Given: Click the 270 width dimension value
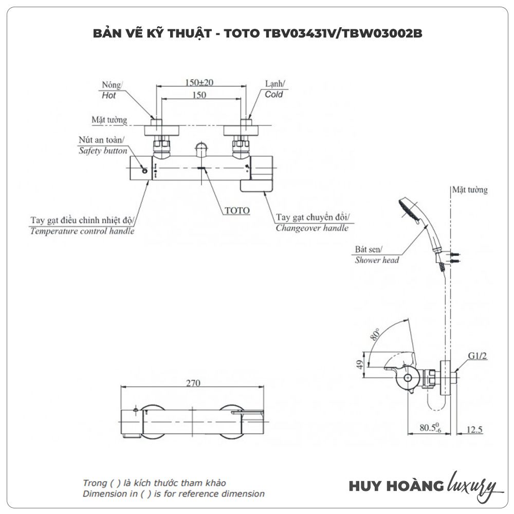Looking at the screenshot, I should pyautogui.click(x=193, y=383).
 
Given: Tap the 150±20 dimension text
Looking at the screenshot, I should pyautogui.click(x=199, y=82).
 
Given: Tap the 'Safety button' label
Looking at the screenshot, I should pyautogui.click(x=103, y=151).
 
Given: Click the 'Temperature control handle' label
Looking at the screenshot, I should pyautogui.click(x=82, y=231).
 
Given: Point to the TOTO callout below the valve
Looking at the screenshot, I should pyautogui.click(x=237, y=211).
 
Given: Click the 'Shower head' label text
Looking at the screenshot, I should pyautogui.click(x=377, y=260).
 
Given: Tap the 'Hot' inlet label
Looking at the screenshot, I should pyautogui.click(x=109, y=96).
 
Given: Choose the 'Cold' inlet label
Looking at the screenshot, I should pyautogui.click(x=273, y=95).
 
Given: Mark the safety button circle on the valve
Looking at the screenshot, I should pyautogui.click(x=143, y=171).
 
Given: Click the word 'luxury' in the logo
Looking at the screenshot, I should pyautogui.click(x=472, y=485).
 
